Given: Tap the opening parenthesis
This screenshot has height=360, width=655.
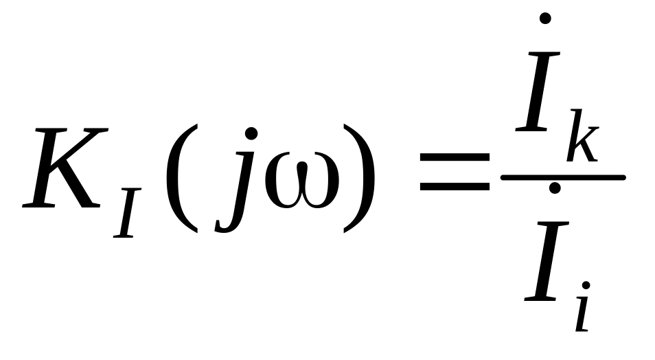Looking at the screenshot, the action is click(179, 177).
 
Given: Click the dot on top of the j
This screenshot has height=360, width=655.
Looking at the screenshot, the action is click(251, 133).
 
